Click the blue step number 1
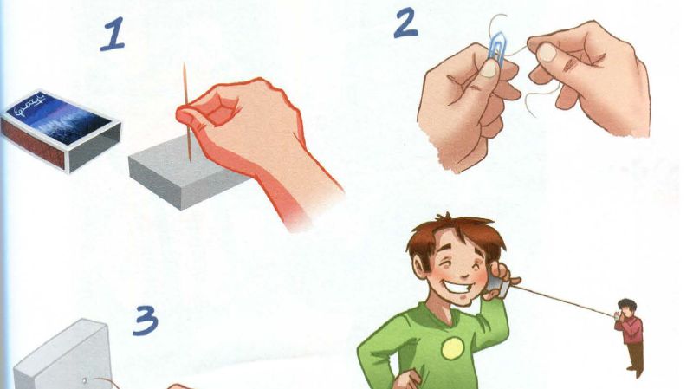113,34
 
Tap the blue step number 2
405,23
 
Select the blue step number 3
146,321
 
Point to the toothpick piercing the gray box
187,112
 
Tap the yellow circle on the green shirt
452,348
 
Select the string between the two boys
562,301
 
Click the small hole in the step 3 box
84,379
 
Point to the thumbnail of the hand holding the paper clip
489,69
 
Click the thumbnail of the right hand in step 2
546,53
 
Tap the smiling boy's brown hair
456,238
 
